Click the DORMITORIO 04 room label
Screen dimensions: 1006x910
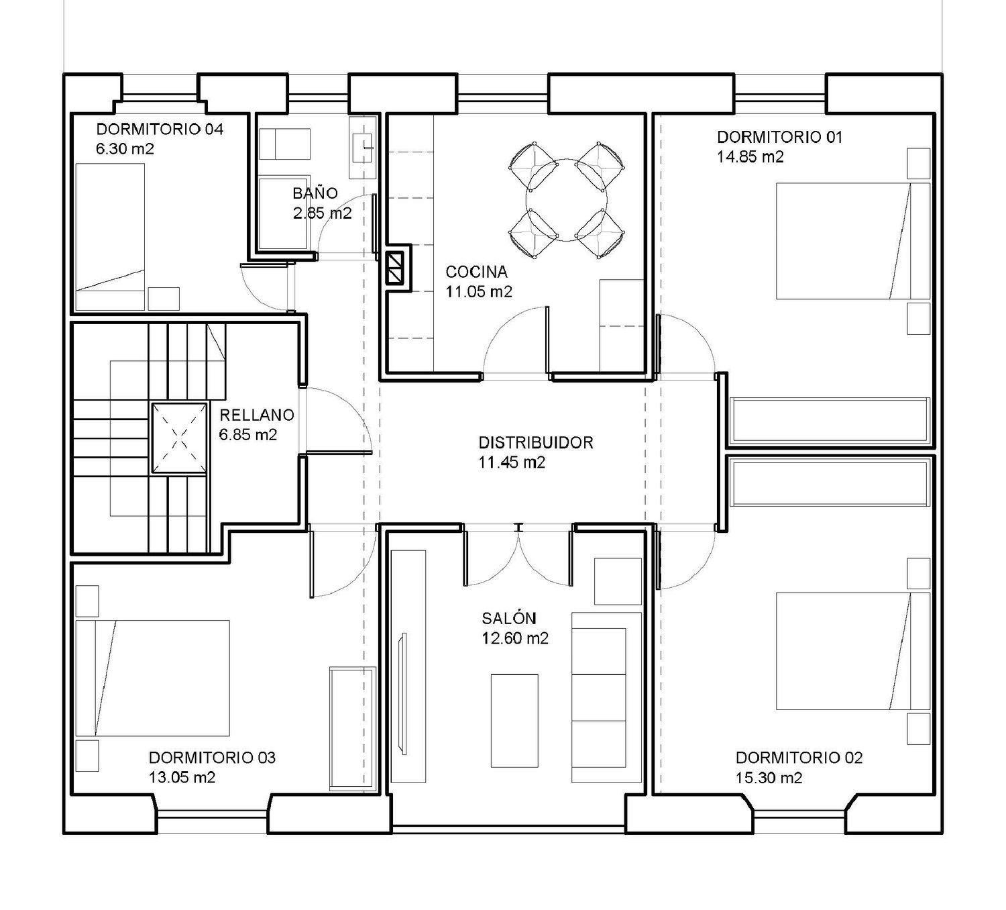coord(160,130)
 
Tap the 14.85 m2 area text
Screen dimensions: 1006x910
coord(750,156)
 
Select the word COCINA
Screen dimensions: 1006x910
coord(476,272)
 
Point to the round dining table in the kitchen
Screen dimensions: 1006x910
coord(567,200)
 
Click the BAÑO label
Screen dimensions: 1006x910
coord(315,193)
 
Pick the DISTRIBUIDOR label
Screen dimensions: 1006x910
coord(536,443)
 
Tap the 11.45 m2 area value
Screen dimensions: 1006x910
coord(512,462)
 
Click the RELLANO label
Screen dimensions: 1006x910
coord(257,415)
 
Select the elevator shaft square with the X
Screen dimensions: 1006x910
coord(180,438)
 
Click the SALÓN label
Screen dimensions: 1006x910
coord(509,618)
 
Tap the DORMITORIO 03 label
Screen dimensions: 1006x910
coord(212,758)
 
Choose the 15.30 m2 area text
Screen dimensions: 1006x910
coord(769,778)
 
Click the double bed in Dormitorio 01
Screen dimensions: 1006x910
coord(853,241)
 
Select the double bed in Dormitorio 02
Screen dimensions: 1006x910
coord(853,651)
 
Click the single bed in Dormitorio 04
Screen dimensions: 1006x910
coord(110,237)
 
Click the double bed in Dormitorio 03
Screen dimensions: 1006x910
coord(152,678)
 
